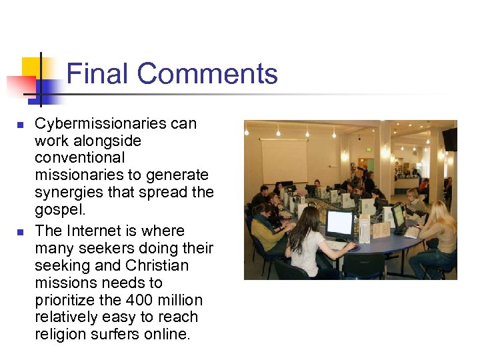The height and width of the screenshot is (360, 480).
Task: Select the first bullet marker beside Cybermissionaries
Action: (20, 125)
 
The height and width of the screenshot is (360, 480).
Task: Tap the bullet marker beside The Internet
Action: (20, 232)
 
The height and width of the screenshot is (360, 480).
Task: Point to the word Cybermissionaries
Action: (115, 123)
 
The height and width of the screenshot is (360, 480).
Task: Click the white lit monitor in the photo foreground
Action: (339, 224)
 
